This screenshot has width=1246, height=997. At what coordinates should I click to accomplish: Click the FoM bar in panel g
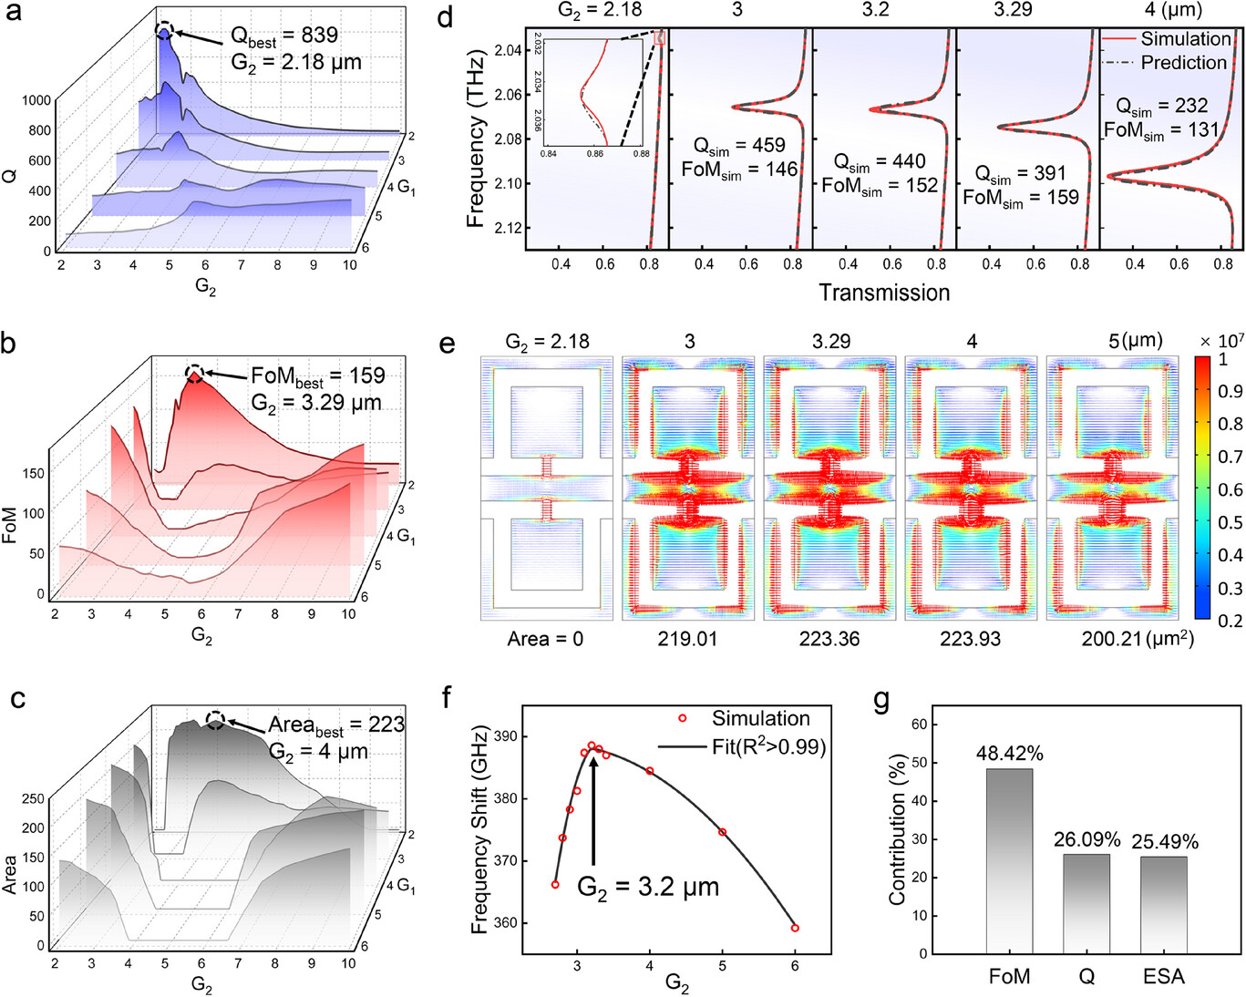click(1009, 860)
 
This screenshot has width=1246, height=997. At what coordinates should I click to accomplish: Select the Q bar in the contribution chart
click(1086, 902)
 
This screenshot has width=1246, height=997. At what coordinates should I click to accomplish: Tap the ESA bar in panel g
click(1164, 904)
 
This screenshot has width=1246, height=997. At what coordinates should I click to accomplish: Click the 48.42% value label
click(1009, 754)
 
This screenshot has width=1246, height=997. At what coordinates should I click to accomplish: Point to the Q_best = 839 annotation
click(283, 36)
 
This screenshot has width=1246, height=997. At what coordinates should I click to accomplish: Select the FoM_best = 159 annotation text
click(317, 376)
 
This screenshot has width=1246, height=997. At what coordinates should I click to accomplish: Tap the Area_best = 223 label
click(335, 725)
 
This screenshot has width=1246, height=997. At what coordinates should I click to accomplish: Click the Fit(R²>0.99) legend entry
click(767, 747)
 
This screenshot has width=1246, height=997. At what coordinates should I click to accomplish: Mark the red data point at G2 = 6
click(795, 928)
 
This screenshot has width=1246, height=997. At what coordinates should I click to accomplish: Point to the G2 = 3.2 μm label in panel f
click(648, 887)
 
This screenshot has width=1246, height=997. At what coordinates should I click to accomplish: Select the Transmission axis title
click(884, 293)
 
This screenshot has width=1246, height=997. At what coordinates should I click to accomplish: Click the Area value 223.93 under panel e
click(970, 639)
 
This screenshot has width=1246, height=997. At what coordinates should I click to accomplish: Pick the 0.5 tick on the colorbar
click(1230, 522)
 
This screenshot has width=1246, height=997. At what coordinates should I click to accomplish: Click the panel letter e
click(447, 344)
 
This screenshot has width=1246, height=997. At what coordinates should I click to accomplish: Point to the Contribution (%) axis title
click(898, 829)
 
